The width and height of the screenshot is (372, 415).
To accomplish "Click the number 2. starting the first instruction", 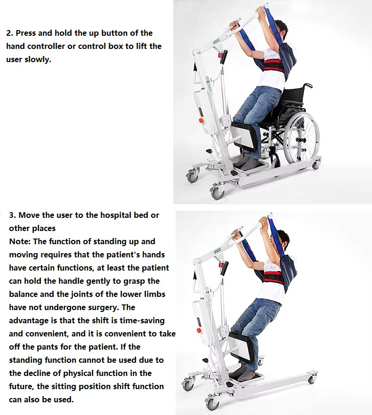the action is click(9, 33).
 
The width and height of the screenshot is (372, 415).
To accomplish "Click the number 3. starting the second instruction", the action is click(12, 215).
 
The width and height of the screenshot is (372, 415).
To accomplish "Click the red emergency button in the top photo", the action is click(202, 120).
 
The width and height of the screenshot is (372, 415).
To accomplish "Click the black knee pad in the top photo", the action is click(245, 136).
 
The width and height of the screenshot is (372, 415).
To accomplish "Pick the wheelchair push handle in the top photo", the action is click(308, 85).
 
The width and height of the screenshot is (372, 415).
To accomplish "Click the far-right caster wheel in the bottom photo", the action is click(312, 380).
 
